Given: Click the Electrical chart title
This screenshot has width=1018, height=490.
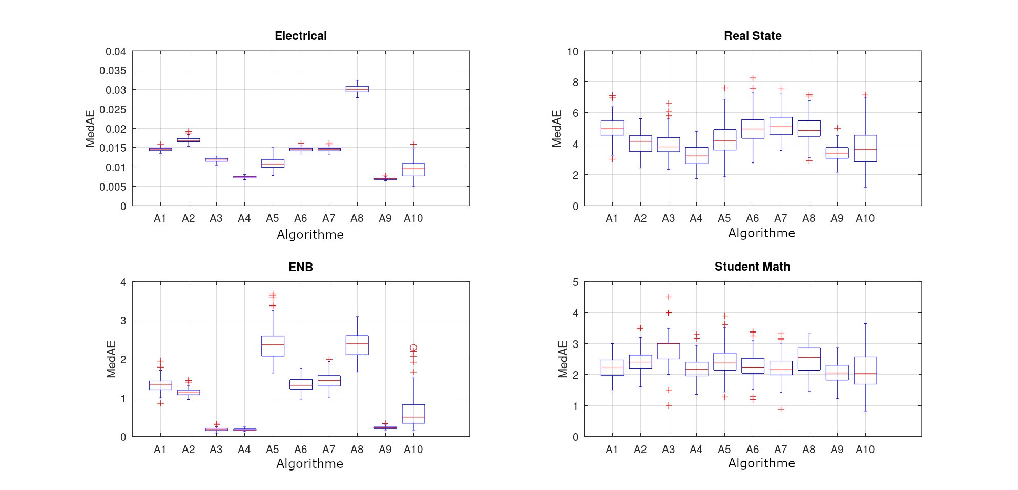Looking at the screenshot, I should [300, 36].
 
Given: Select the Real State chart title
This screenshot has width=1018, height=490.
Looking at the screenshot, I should [752, 36].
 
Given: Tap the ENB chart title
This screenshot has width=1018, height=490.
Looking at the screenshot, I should [300, 267].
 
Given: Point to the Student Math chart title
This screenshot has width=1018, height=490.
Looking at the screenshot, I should [752, 267].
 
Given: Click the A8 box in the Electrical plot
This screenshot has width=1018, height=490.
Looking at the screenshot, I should [357, 89].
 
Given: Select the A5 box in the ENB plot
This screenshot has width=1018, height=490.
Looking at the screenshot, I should [273, 346].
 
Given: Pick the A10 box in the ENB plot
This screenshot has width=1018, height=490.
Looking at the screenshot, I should [413, 414].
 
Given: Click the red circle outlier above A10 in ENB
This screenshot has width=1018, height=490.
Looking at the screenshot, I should [413, 348].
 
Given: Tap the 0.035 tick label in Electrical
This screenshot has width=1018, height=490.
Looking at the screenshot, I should [113, 70].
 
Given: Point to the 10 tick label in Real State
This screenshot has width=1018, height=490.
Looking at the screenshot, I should [572, 51].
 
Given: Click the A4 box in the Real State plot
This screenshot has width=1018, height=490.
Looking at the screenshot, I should [696, 155].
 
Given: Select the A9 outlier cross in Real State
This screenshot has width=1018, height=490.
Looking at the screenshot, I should [837, 128].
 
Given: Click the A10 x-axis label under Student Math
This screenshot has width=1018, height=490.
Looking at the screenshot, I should [865, 450].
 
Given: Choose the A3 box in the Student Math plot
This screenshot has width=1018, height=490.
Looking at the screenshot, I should [668, 351].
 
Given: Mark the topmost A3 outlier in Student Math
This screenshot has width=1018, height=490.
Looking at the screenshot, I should [668, 297].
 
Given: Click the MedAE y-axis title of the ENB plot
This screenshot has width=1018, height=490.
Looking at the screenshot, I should [111, 359].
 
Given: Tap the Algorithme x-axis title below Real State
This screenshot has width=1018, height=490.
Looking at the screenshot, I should [761, 233].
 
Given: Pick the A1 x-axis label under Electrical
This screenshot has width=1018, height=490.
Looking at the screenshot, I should [160, 218].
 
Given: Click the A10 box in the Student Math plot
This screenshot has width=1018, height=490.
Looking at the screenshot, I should [865, 370].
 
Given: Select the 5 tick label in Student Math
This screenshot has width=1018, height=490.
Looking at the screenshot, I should [575, 282].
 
